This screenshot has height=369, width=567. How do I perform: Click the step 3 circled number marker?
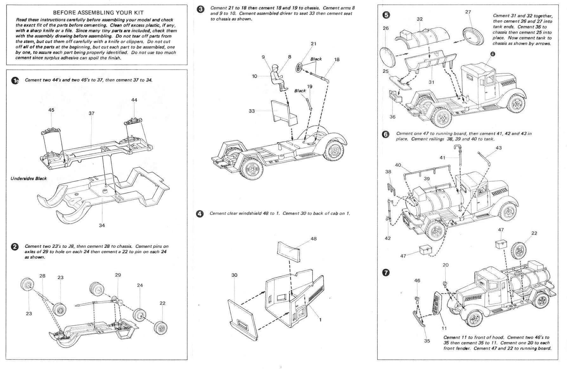coord(201,9)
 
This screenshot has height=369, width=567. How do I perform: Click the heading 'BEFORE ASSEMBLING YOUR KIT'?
coord(98,13)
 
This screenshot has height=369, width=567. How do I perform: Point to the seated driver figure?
coord(277,78)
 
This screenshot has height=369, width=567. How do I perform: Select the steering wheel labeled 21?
coord(299,67)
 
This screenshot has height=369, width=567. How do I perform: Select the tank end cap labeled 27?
coord(474,37)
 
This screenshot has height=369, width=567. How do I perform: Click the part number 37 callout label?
coord(92,113)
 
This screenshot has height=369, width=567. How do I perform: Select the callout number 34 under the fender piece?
coord(102,225)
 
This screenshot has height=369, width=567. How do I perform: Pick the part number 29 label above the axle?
coord(118,275)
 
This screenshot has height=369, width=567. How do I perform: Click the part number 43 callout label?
coord(499,148)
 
